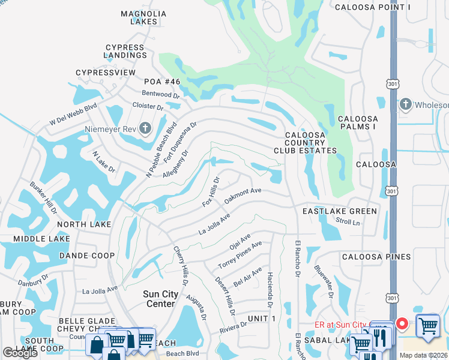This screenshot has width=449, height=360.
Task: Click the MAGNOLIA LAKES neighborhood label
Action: click(x=143, y=17)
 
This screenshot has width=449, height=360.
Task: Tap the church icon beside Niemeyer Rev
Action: click(x=145, y=127)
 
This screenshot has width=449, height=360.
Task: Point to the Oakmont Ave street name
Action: click(x=243, y=195)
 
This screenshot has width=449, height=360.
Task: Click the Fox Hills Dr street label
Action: click(x=211, y=191)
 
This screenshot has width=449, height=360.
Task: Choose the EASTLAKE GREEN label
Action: click(x=340, y=211)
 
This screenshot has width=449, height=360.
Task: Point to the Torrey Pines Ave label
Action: click(x=240, y=254)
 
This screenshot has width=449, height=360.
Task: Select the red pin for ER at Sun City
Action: click(x=402, y=324)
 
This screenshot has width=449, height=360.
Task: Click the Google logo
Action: click(x=20, y=353)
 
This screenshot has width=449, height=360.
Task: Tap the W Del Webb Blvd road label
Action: click(x=73, y=115)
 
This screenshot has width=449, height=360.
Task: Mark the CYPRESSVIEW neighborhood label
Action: click(x=106, y=73)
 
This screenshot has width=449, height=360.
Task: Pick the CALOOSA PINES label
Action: click(x=376, y=257)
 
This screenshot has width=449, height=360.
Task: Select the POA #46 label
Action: click(x=161, y=81)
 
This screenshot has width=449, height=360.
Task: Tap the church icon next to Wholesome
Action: click(x=406, y=104)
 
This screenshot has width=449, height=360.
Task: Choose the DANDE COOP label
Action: click(x=87, y=256)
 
